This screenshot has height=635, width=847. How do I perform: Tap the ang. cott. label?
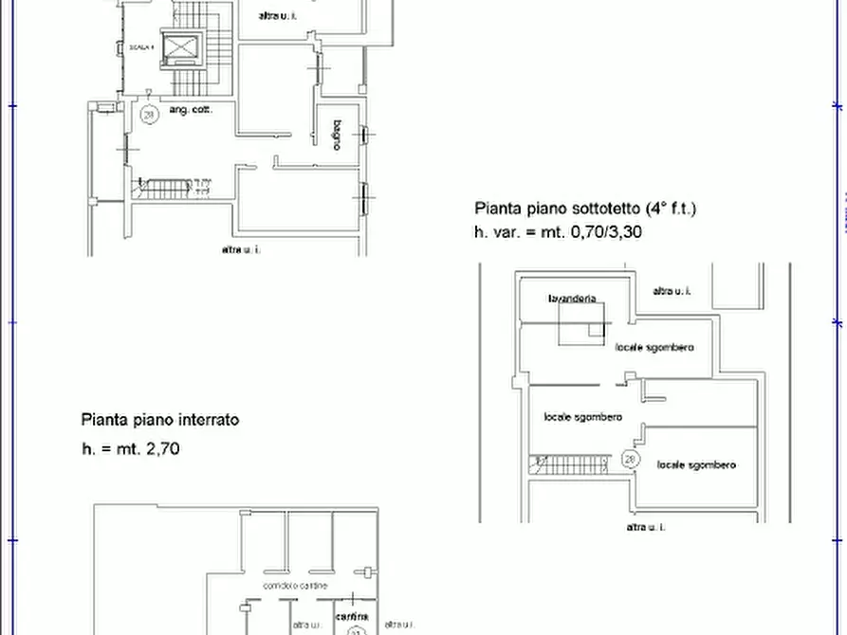[191, 111]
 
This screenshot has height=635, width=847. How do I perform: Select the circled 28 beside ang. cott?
[148, 115]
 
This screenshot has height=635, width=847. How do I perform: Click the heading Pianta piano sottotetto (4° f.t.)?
[585, 209]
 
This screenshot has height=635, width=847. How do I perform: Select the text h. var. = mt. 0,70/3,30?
[558, 231]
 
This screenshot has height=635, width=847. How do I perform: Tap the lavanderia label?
[572, 299]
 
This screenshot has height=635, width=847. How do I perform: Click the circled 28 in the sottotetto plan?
[629, 459]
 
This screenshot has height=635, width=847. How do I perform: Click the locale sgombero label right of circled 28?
[695, 464]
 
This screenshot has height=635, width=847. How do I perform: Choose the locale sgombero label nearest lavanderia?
[654, 348]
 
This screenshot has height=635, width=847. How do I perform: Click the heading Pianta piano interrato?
[159, 419]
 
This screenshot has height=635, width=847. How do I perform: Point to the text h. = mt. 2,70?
[131, 448]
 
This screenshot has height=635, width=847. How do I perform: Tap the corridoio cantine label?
[296, 586]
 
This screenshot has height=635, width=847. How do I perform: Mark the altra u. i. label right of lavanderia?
[672, 291]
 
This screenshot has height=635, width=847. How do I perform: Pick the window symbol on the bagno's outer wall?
[361, 135]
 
